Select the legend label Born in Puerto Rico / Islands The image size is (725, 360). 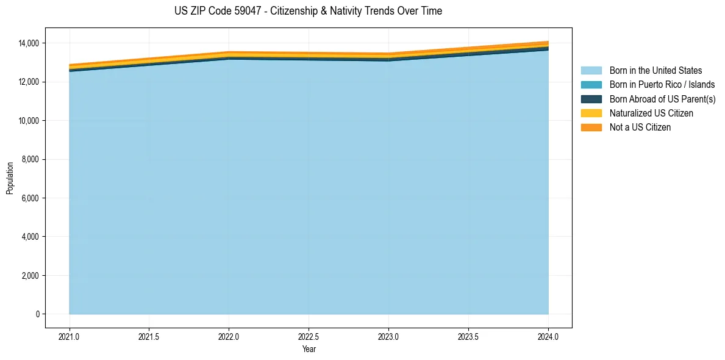click(x=662, y=85)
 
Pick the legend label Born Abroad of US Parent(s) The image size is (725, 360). click(x=662, y=99)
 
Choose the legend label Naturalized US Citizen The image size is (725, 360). click(x=651, y=113)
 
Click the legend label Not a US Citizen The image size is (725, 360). click(x=640, y=127)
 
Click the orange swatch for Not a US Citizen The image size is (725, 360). click(x=591, y=127)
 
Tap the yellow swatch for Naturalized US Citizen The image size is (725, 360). click(x=591, y=113)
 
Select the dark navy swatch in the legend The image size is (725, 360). click(x=591, y=99)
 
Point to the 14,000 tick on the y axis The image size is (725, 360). click(x=29, y=43)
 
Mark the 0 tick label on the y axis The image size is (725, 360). click(x=37, y=314)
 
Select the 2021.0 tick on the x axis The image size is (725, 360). click(x=70, y=336)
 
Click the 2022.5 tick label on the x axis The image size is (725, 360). click(x=309, y=336)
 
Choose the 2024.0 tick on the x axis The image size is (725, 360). click(x=548, y=336)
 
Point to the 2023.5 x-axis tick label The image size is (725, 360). click(x=468, y=336)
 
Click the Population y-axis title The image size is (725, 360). click(x=10, y=178)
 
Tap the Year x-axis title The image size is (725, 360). click(x=309, y=349)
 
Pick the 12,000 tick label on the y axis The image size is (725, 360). click(x=29, y=82)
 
